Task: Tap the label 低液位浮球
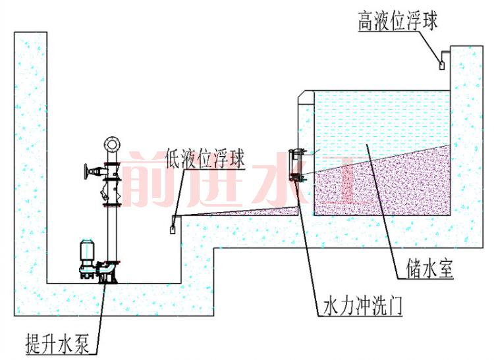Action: pos(205,158)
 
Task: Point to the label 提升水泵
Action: pos(61,342)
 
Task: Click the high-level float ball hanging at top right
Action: pos(441,64)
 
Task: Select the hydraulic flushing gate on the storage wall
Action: pos(297,165)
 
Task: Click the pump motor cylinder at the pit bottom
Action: pos(85,250)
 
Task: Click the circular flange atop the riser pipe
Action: pos(111,143)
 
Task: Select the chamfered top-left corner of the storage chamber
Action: pos(304,99)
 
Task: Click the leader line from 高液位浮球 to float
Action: pos(431,44)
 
